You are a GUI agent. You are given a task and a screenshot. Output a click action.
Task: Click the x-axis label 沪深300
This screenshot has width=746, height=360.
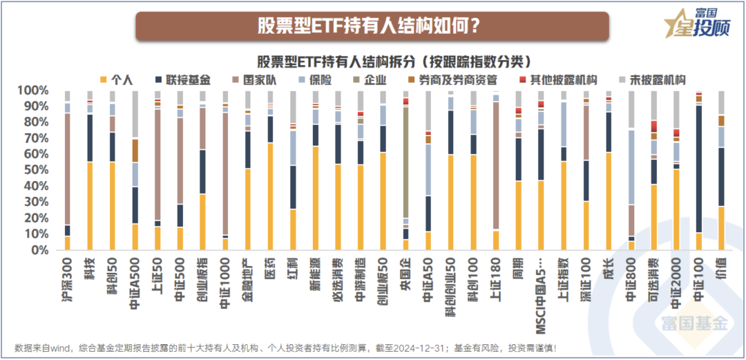[x=68, y=273]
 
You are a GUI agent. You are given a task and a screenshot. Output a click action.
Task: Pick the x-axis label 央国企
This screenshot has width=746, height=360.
[x=406, y=270]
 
